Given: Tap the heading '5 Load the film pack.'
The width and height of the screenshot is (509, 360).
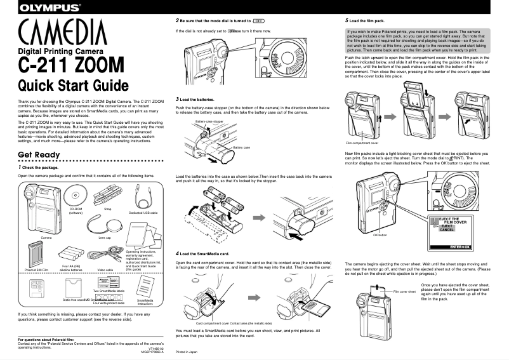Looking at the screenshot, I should (x=366, y=21).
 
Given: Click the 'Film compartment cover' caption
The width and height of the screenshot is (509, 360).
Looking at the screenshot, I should (x=362, y=143).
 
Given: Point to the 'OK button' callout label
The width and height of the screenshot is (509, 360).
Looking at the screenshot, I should (x=380, y=234).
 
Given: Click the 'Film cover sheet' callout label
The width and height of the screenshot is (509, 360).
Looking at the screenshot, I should (x=404, y=291).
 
